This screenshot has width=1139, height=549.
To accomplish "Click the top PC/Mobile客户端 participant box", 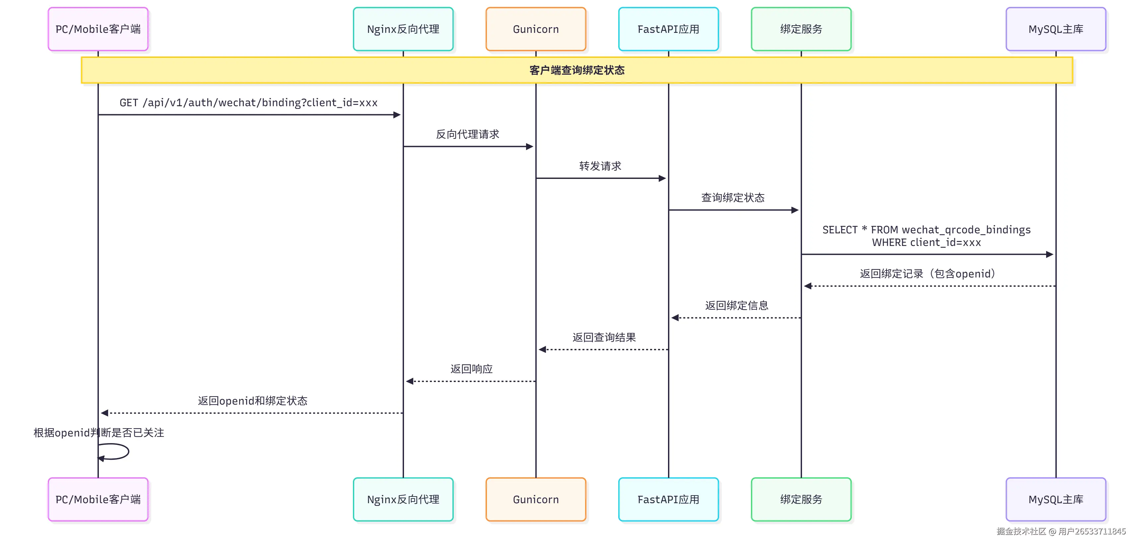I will coord(98,29).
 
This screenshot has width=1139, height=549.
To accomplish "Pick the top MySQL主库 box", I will coord(1055,29).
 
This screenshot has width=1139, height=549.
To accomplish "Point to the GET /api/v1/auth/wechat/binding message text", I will coord(248,103).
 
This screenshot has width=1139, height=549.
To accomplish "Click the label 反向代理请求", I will coord(467,134).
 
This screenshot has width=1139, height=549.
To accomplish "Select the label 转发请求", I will coord(600,166).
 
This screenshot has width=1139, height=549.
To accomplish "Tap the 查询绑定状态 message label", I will coord(733,198).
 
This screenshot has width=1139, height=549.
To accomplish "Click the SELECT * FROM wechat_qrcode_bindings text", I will coord(926,230).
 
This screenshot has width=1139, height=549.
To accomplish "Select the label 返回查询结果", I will coord(604,338).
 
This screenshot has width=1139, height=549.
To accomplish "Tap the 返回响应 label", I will coord(471,369).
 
